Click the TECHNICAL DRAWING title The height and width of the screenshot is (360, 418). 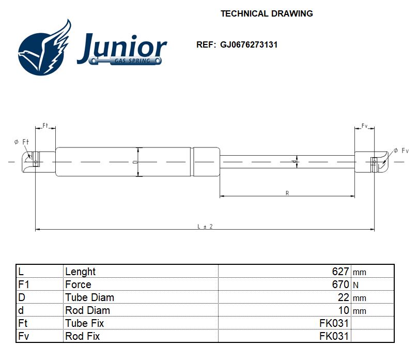[267, 13]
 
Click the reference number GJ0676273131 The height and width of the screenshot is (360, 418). [249, 44]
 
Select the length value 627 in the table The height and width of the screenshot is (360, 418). [340, 272]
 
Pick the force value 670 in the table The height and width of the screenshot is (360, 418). [340, 284]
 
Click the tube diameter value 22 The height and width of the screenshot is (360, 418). [344, 297]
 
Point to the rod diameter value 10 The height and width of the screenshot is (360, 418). [344, 310]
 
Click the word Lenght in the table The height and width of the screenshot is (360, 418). [80, 272]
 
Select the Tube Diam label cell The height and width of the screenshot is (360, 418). [89, 297]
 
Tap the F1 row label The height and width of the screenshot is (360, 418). [25, 284]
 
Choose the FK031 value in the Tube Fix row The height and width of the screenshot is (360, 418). [334, 323]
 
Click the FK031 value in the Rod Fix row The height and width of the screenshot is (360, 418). [334, 336]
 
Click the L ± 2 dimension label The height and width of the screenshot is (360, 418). [205, 226]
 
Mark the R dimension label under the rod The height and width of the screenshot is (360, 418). [287, 193]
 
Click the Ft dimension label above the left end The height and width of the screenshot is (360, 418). [45, 126]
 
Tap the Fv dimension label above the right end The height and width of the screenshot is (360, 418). [364, 126]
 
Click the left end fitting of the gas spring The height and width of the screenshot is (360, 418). [32, 162]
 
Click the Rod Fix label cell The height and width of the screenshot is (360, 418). [83, 336]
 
